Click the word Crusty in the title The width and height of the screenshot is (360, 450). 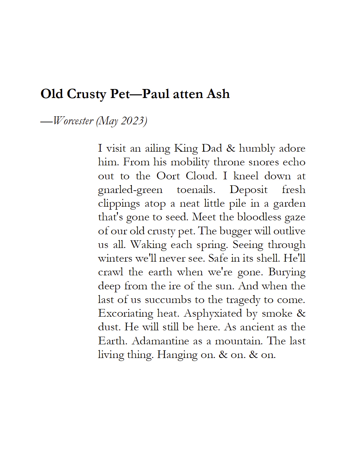tap(86, 94)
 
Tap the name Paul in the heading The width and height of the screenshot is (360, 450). tap(155, 94)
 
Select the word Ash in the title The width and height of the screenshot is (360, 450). tap(218, 94)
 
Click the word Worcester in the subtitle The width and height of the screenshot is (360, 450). tap(73, 121)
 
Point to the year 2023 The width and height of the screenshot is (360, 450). tap(133, 121)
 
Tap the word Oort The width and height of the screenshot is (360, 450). tap(168, 176)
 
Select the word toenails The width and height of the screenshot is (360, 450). tap(196, 190)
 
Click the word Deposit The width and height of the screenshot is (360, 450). tap(249, 190)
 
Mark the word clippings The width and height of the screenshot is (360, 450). tap(119, 204)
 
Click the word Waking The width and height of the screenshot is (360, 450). tap(148, 245)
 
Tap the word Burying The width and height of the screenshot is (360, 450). tap(287, 272)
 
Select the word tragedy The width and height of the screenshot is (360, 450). tap(243, 300)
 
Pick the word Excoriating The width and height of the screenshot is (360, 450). tap(126, 313)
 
